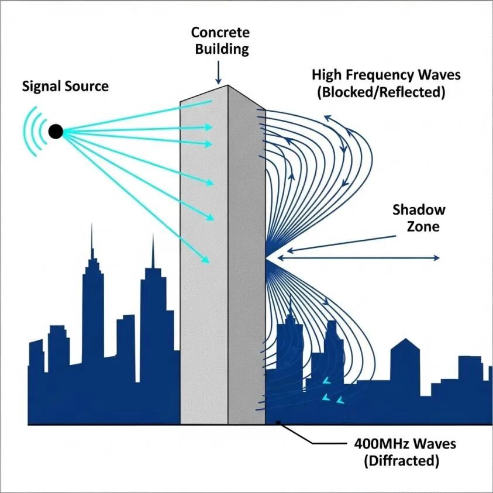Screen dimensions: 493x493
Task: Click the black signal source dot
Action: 56,132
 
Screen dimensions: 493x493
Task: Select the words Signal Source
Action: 65,87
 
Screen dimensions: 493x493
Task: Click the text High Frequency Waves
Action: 386,75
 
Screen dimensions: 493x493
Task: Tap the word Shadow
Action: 419,210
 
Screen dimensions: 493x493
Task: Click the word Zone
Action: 422,227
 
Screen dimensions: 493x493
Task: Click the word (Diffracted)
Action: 401,460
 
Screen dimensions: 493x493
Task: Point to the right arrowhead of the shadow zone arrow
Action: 437,257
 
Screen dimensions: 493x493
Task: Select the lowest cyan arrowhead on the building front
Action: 206,260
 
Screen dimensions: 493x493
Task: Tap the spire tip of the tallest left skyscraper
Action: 91,225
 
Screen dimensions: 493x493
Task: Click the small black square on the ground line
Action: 279,422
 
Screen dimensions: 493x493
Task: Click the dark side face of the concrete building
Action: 246,263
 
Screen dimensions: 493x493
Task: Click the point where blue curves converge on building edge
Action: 267,257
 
